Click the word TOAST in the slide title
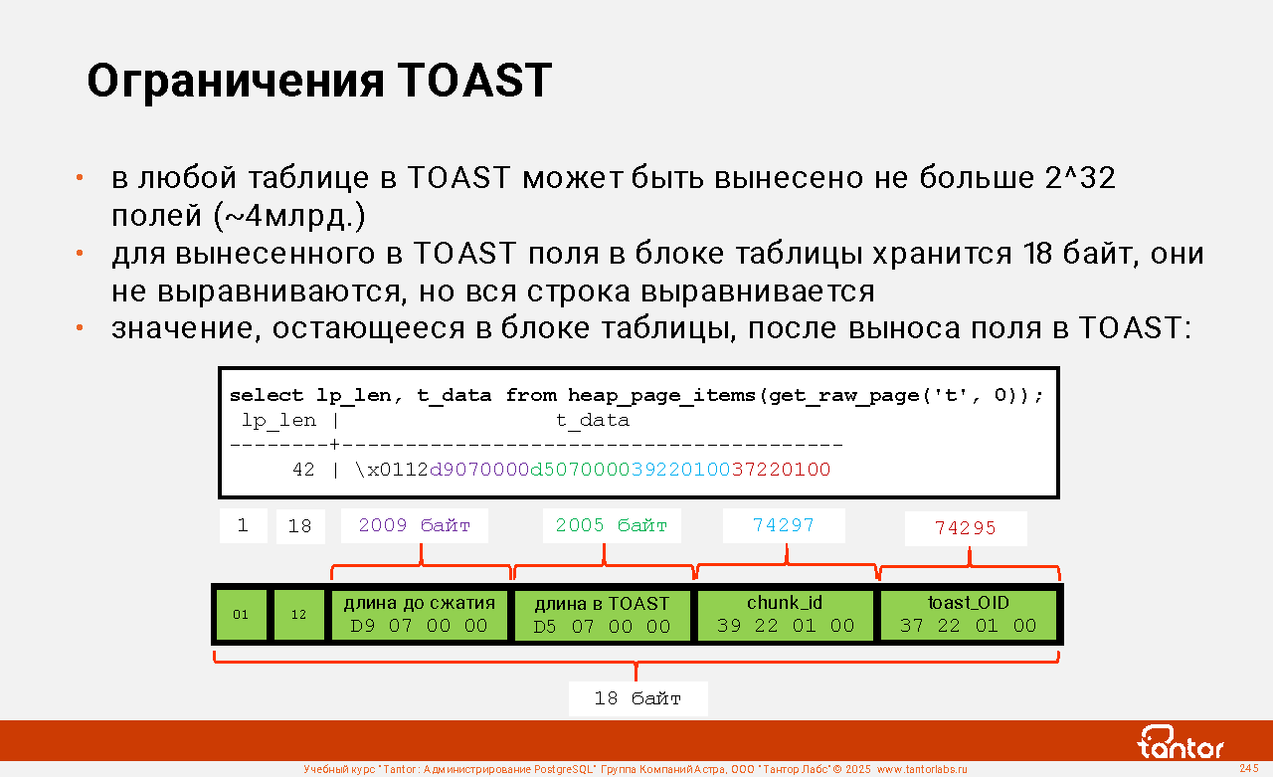[x=474, y=81]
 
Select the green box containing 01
[x=241, y=615]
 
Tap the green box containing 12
[x=299, y=615]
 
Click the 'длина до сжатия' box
[x=420, y=615]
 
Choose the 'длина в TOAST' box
[x=603, y=615]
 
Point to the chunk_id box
[x=786, y=615]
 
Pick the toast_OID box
[x=969, y=615]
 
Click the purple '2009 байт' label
[x=415, y=525]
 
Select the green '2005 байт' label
[x=612, y=525]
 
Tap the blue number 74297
[x=784, y=525]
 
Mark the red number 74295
[x=966, y=528]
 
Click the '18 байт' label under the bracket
[x=637, y=698]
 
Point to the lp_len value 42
[x=303, y=470]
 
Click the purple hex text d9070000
[x=479, y=470]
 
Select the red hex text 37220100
[x=781, y=470]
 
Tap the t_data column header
[x=593, y=420]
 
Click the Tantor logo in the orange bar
[x=1181, y=742]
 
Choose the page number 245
[x=1249, y=768]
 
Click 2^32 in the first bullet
[x=1080, y=177]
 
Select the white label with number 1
[x=244, y=525]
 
